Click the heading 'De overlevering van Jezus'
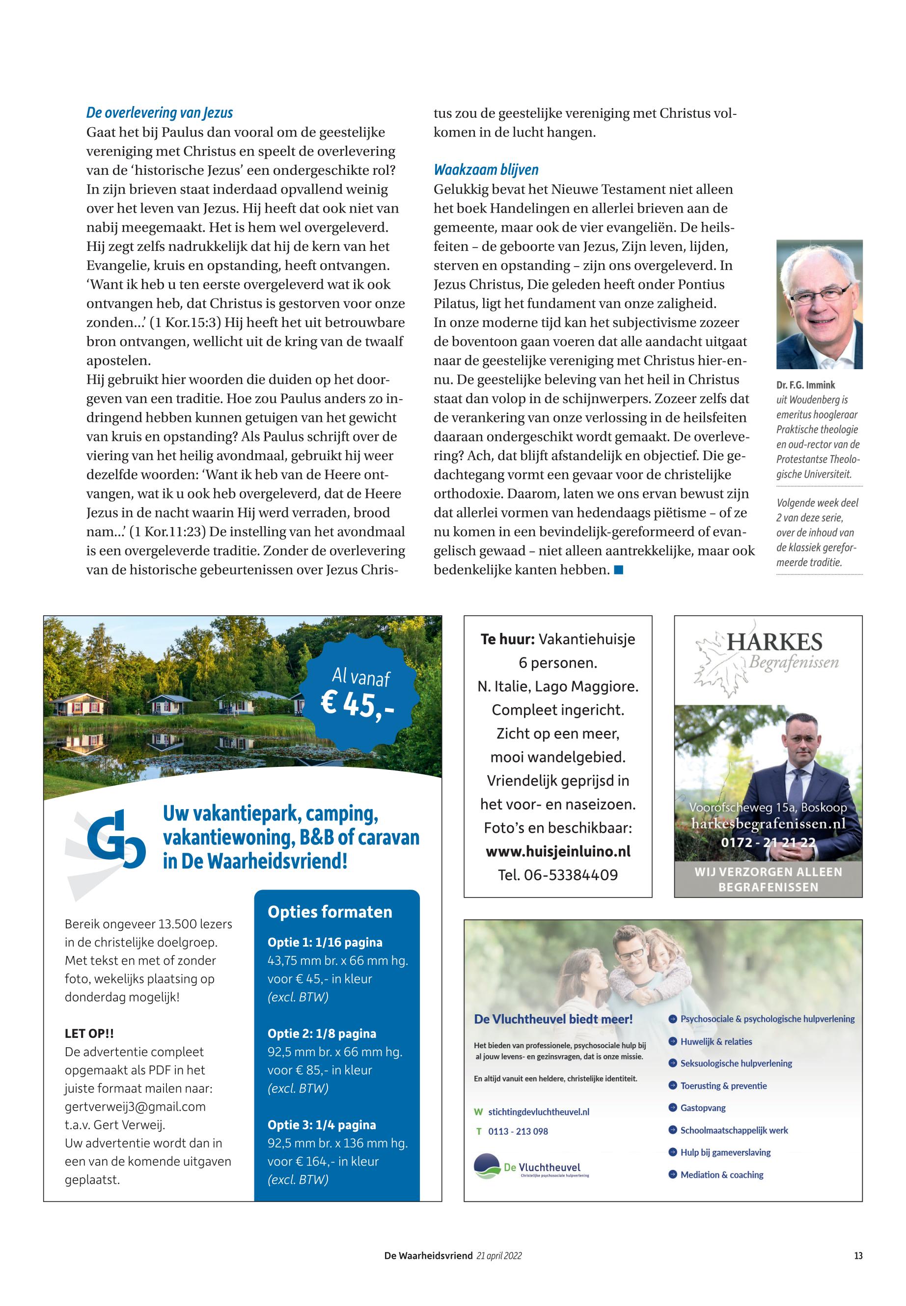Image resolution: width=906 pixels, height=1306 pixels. click(x=160, y=113)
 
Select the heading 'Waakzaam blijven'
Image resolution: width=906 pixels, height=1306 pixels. click(x=486, y=170)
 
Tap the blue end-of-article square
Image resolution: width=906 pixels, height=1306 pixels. click(x=619, y=570)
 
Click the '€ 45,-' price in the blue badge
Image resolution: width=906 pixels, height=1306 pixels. click(x=357, y=705)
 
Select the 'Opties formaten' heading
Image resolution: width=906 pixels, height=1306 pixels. click(x=330, y=912)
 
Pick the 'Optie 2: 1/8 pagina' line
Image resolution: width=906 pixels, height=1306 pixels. click(x=322, y=1034)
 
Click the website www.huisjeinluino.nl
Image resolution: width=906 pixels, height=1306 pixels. click(x=558, y=851)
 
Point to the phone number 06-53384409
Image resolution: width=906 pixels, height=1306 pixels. click(x=558, y=875)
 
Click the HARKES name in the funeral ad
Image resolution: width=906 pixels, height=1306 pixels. click(x=774, y=643)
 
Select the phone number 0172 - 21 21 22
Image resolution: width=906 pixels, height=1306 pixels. click(x=768, y=843)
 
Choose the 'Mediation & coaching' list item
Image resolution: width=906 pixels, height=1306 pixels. click(x=721, y=1175)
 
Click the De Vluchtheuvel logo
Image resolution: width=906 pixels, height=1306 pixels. click(x=528, y=1168)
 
